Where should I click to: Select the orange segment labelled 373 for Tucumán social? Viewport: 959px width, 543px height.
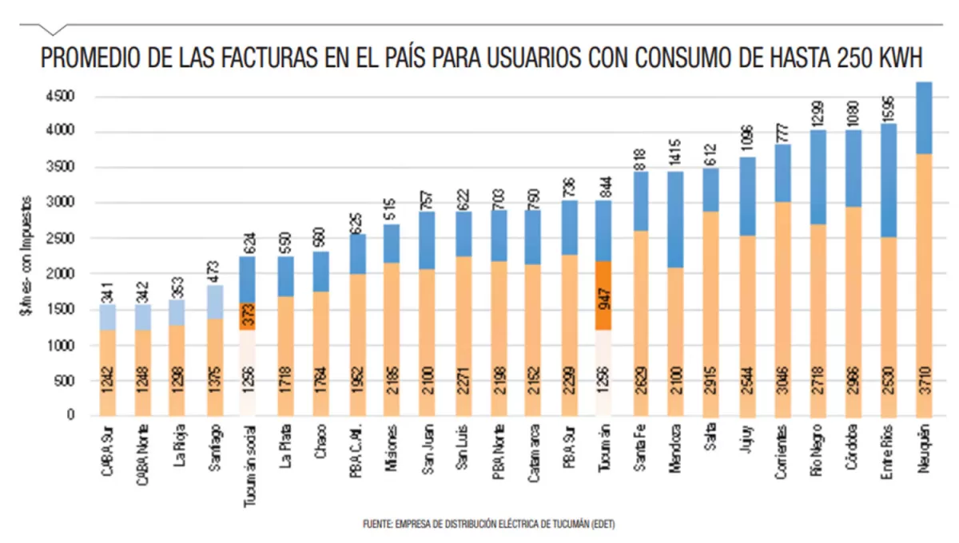point(248,316)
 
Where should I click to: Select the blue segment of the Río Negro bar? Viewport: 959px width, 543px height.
point(818,176)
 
